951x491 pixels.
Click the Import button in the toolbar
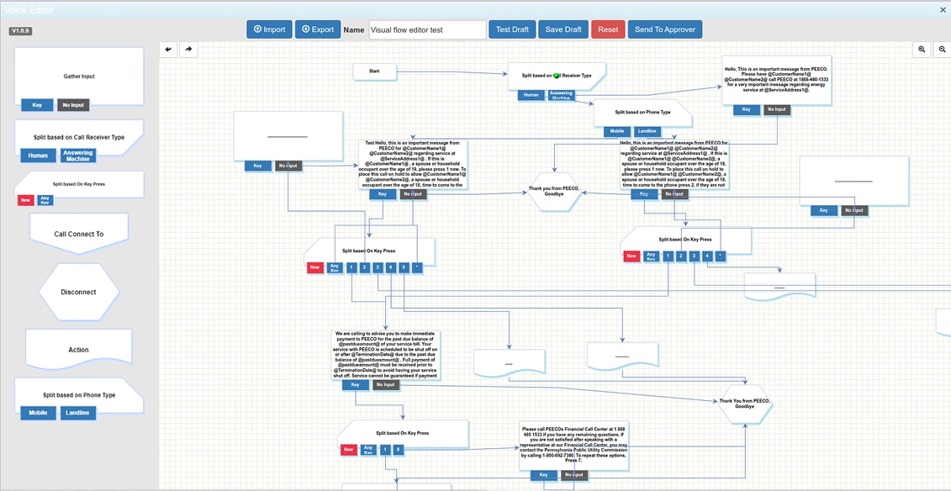pos(269,29)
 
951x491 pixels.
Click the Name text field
pos(427,29)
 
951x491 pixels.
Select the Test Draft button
pos(512,29)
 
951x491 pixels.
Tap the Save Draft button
pos(563,29)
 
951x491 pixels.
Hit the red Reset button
pos(608,29)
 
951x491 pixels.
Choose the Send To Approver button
pos(664,29)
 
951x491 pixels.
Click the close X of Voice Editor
pos(943,10)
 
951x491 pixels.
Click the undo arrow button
pos(169,50)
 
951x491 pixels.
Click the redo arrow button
pos(188,50)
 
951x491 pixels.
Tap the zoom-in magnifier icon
pos(922,50)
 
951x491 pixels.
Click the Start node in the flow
pos(374,71)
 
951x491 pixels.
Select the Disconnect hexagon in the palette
pos(79,292)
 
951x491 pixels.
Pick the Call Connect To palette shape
pos(79,234)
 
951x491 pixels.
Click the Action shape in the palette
pos(78,350)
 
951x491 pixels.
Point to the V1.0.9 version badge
pos(20,31)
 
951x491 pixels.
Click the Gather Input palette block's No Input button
pos(72,105)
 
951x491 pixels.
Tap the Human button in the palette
pos(38,156)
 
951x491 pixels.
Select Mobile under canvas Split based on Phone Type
pos(616,131)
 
